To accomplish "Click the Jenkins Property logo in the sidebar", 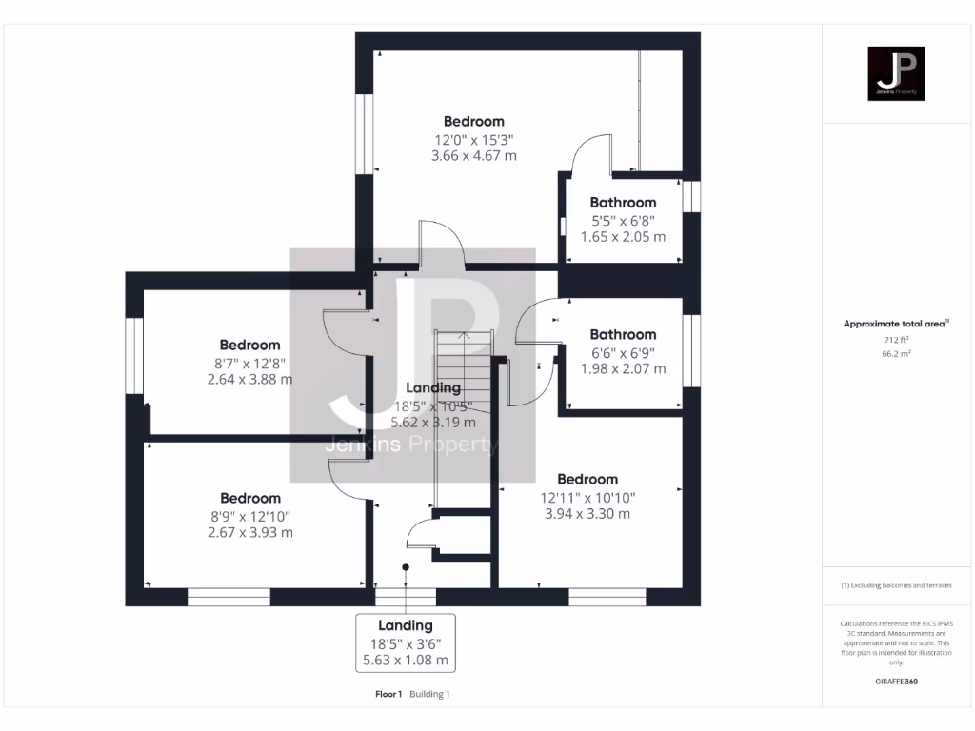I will (x=895, y=73).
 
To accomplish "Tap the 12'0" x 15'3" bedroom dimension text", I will (x=473, y=139).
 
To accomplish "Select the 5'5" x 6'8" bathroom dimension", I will (x=623, y=220).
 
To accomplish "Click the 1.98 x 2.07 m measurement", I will (x=623, y=368).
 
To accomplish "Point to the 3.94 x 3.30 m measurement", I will (x=587, y=514).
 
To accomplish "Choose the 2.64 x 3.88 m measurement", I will (x=250, y=379).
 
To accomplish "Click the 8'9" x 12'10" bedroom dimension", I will (x=250, y=516).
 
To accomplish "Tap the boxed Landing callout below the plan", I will (x=406, y=642).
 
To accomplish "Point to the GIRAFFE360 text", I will (x=895, y=682).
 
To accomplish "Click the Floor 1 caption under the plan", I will (x=388, y=694).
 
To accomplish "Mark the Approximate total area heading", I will (x=894, y=324).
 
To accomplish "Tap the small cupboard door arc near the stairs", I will (x=420, y=535).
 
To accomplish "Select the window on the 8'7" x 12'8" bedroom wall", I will (x=134, y=355).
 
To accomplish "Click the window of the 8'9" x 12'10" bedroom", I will (x=229, y=597).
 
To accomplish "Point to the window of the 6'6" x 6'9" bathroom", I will (x=692, y=350).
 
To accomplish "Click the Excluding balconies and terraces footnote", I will (x=895, y=585).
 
